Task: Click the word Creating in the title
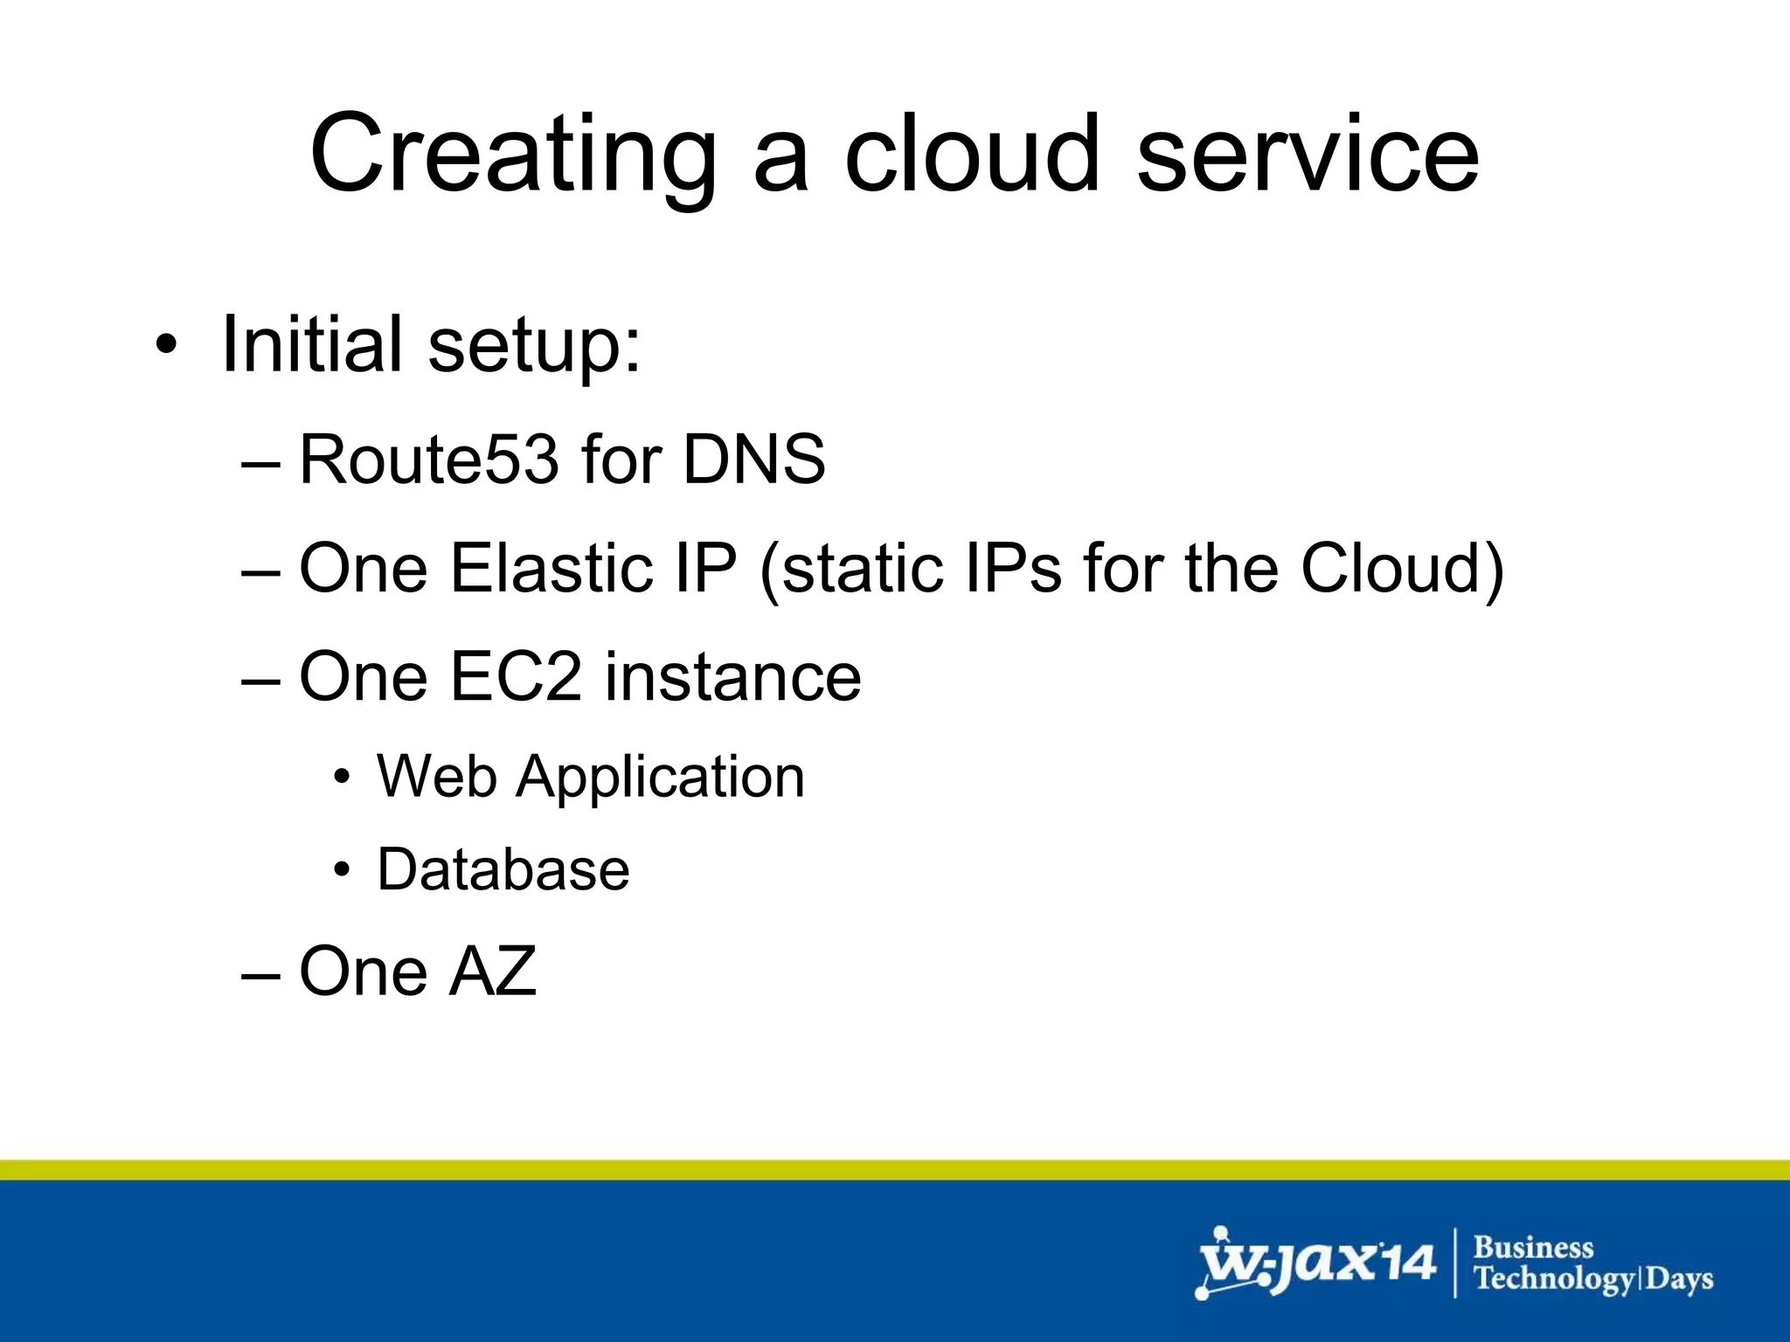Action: (512, 156)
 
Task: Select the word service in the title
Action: (1308, 156)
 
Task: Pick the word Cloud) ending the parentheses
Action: (1402, 568)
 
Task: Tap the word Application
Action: (660, 776)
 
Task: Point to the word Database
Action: (503, 869)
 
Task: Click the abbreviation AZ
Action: (492, 971)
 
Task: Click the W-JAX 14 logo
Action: (1315, 1263)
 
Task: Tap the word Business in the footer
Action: (1533, 1247)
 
